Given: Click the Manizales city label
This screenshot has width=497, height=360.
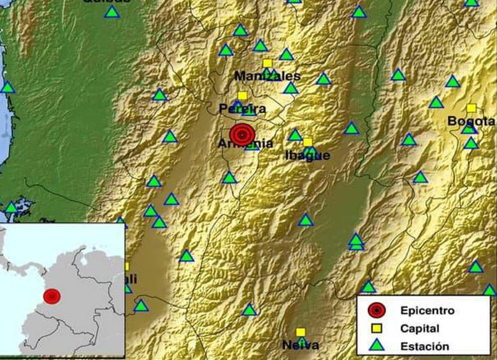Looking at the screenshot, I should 267,76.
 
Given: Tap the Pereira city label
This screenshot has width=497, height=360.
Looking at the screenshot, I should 242,108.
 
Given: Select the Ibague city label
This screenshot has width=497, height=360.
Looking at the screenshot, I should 307,155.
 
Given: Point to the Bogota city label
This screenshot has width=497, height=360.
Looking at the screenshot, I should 471,121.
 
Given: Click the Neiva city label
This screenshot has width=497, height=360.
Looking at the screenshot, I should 301,345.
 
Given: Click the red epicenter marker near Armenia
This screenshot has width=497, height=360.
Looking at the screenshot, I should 242,134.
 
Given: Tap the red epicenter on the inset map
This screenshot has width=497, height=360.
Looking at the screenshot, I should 52,296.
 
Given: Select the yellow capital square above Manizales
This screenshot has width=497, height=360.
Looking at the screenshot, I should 268,62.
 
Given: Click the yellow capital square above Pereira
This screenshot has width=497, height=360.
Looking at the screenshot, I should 242,96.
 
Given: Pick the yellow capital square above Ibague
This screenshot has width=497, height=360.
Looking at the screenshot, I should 308,142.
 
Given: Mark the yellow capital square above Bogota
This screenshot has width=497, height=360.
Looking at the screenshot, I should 471,108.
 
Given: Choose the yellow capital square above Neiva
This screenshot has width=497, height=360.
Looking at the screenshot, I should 301,332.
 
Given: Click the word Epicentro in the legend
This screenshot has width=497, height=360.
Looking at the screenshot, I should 428,311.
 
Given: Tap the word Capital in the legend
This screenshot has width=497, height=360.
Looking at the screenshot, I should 420,329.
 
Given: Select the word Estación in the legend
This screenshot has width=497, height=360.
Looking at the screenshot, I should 425,347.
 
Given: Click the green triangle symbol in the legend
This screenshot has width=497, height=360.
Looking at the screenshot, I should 377,346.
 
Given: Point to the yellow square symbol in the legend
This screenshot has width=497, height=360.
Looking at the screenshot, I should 377,329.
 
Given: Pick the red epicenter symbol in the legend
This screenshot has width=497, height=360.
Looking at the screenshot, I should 377,310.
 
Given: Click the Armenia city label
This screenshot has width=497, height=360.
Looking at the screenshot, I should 246,144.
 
